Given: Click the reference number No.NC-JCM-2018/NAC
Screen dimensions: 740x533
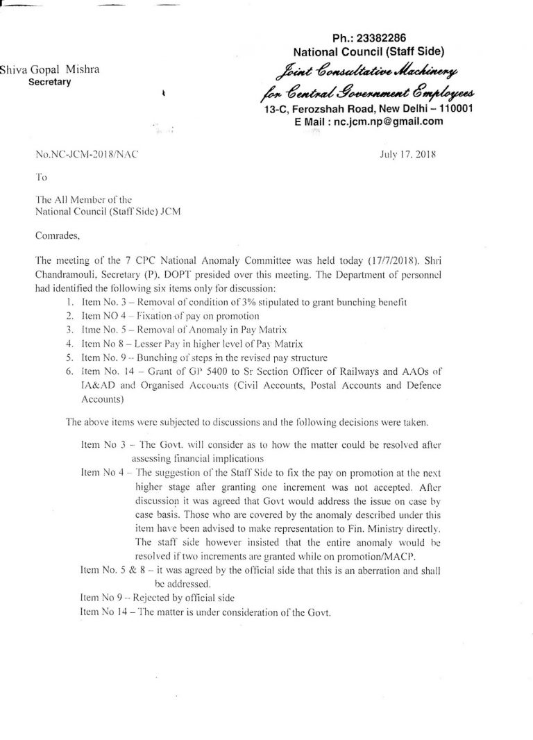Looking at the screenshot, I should point(86,155).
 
